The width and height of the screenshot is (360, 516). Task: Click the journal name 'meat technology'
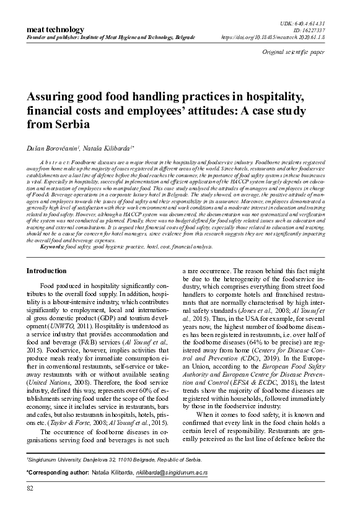point(53,29)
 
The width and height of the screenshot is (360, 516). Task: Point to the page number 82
point(30,506)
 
